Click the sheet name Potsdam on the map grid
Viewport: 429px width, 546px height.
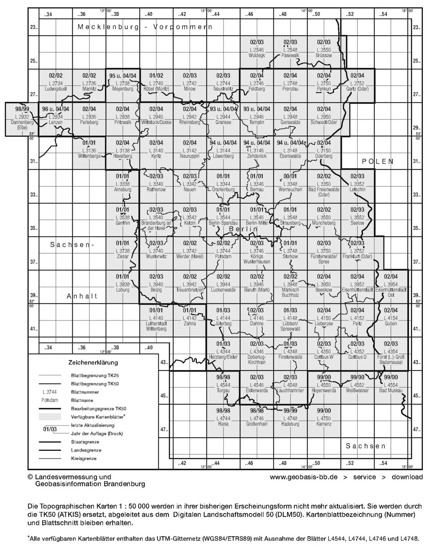(x=223, y=256)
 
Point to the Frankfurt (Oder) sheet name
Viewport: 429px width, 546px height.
(x=357, y=256)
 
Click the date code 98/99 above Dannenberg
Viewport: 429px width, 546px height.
(x=22, y=109)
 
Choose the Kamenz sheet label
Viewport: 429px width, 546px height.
(x=324, y=424)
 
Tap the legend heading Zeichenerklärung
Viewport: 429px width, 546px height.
(x=93, y=362)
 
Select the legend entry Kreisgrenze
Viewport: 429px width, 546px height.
(x=84, y=458)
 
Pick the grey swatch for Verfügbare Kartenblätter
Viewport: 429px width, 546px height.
(x=50, y=417)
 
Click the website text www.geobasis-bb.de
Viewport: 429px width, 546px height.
(x=303, y=477)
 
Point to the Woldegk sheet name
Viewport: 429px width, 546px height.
(x=257, y=55)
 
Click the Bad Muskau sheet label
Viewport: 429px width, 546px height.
(x=391, y=390)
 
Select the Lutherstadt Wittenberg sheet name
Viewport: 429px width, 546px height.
(x=156, y=326)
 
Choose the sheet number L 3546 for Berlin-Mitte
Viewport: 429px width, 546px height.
(x=257, y=217)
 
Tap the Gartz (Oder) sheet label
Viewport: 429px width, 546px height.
(x=357, y=89)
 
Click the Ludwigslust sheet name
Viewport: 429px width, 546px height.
(x=56, y=89)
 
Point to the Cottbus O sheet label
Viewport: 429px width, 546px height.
(x=357, y=357)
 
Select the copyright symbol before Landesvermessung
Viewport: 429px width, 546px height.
(x=31, y=477)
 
